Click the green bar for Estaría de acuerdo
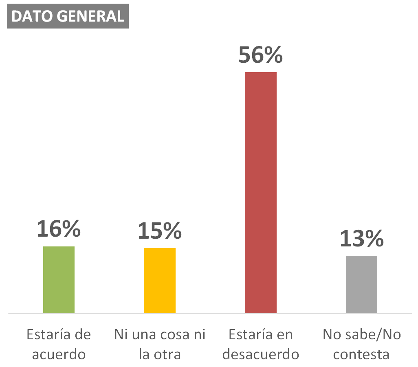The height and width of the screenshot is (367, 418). click(x=59, y=279)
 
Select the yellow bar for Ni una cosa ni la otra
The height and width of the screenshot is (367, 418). click(x=160, y=281)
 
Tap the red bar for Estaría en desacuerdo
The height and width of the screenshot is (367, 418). click(x=261, y=193)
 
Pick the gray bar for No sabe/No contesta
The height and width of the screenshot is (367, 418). click(x=361, y=284)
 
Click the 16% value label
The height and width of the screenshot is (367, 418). click(x=59, y=229)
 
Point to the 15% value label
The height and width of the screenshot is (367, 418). click(x=160, y=231)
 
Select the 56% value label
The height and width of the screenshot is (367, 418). click(x=260, y=55)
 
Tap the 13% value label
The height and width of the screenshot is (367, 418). click(x=362, y=238)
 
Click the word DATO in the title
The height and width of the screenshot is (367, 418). click(x=33, y=16)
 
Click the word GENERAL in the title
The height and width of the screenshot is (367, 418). click(x=90, y=16)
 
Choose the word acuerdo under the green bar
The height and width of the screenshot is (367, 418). click(x=59, y=354)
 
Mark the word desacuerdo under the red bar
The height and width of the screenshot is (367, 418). click(x=261, y=354)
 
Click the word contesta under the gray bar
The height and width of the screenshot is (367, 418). click(x=361, y=355)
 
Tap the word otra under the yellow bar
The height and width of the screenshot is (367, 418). click(x=167, y=355)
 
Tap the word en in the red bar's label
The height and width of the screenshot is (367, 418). click(x=285, y=335)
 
